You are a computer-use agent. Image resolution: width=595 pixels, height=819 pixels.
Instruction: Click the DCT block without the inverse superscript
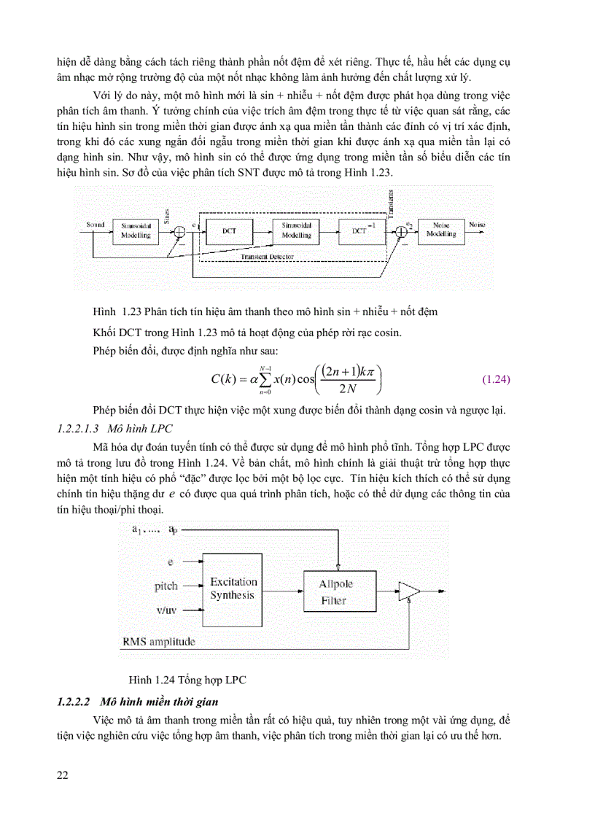pyautogui.click(x=228, y=231)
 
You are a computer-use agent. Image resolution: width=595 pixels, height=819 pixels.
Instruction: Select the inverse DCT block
pyautogui.click(x=362, y=231)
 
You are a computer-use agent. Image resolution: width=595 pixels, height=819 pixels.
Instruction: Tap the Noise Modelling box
pyautogui.click(x=440, y=230)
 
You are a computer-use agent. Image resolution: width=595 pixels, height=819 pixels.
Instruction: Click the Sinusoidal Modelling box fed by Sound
pyautogui.click(x=136, y=231)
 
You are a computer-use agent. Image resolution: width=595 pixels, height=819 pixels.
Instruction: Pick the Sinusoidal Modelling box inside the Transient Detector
pyautogui.click(x=296, y=231)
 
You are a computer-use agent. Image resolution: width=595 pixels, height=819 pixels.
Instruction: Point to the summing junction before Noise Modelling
pyautogui.click(x=400, y=231)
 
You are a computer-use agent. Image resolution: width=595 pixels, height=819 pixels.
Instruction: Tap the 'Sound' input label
pyautogui.click(x=96, y=224)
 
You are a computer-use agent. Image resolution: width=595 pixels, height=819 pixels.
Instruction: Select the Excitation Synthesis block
pyautogui.click(x=233, y=589)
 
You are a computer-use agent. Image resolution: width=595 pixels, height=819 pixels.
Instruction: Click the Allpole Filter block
pyautogui.click(x=332, y=591)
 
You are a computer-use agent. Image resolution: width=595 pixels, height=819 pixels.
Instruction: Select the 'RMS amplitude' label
pyautogui.click(x=158, y=641)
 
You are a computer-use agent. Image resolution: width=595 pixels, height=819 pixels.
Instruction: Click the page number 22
pyautogui.click(x=63, y=774)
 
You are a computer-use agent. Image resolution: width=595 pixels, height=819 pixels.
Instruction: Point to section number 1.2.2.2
pyautogui.click(x=73, y=702)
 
